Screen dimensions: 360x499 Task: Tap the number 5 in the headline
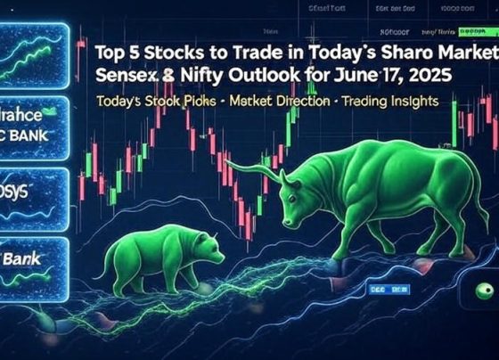tap(134, 51)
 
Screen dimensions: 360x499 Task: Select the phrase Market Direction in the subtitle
tap(281, 102)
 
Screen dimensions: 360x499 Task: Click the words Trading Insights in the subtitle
tap(392, 102)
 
